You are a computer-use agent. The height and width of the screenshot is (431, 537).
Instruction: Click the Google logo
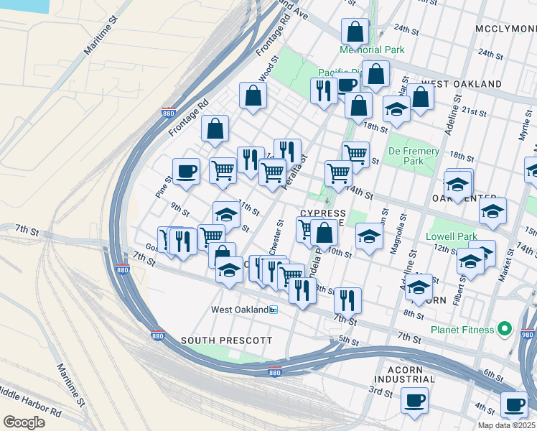[24, 422]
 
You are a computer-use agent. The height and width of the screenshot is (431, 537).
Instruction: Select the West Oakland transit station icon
[274, 310]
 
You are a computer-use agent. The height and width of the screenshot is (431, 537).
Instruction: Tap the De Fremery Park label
[414, 157]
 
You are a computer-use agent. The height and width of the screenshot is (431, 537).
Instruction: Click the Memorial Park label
[372, 50]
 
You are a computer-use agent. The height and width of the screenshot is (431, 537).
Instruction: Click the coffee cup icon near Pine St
[186, 171]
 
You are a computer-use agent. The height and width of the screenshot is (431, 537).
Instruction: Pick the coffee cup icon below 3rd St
[414, 400]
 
